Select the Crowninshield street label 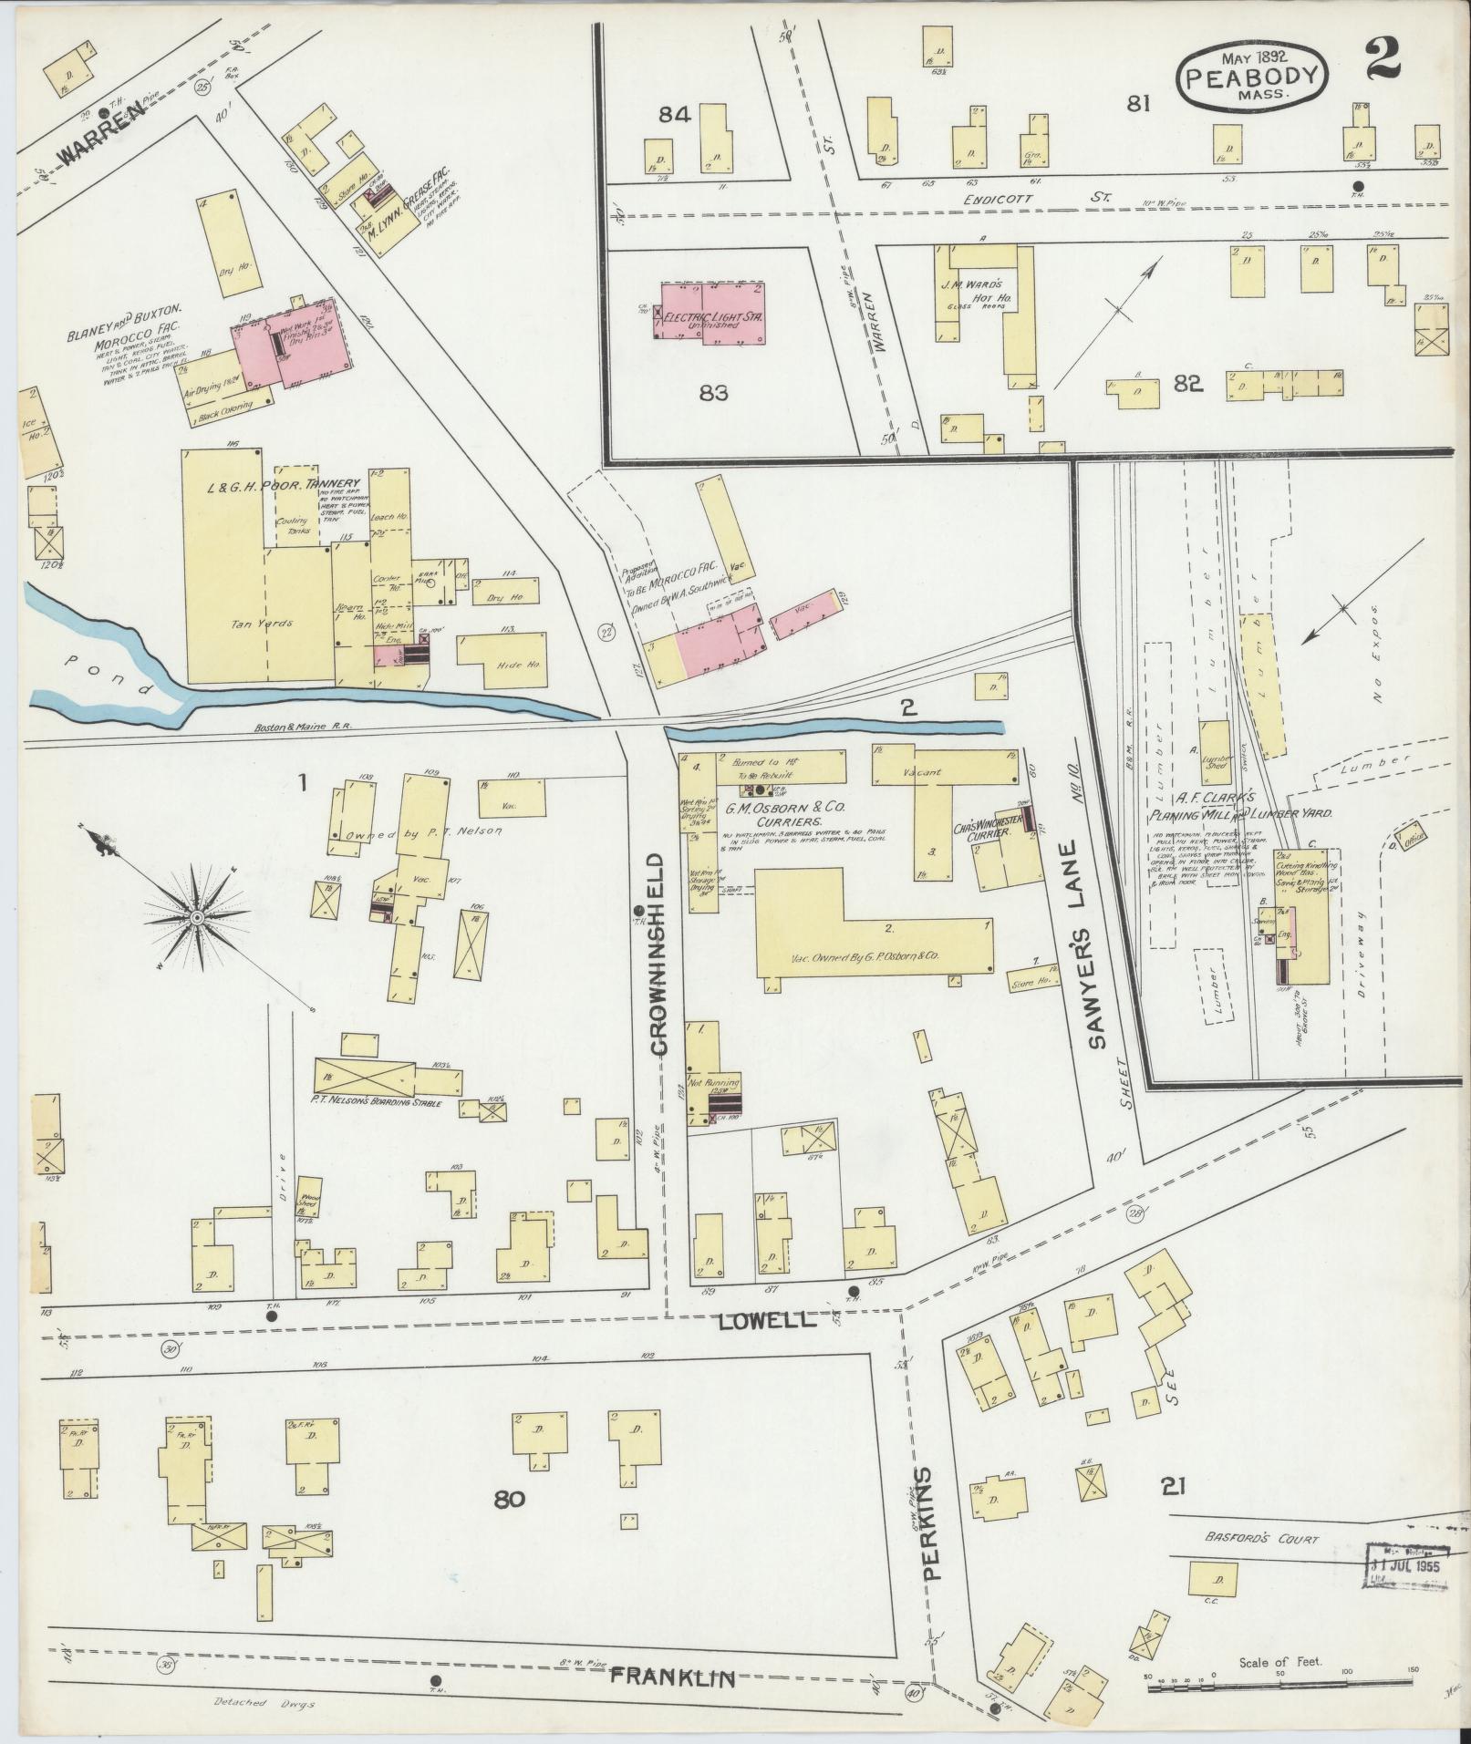coord(658,954)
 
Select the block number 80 coord(509,1498)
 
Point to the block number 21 coord(1173,1487)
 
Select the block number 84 coord(676,114)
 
